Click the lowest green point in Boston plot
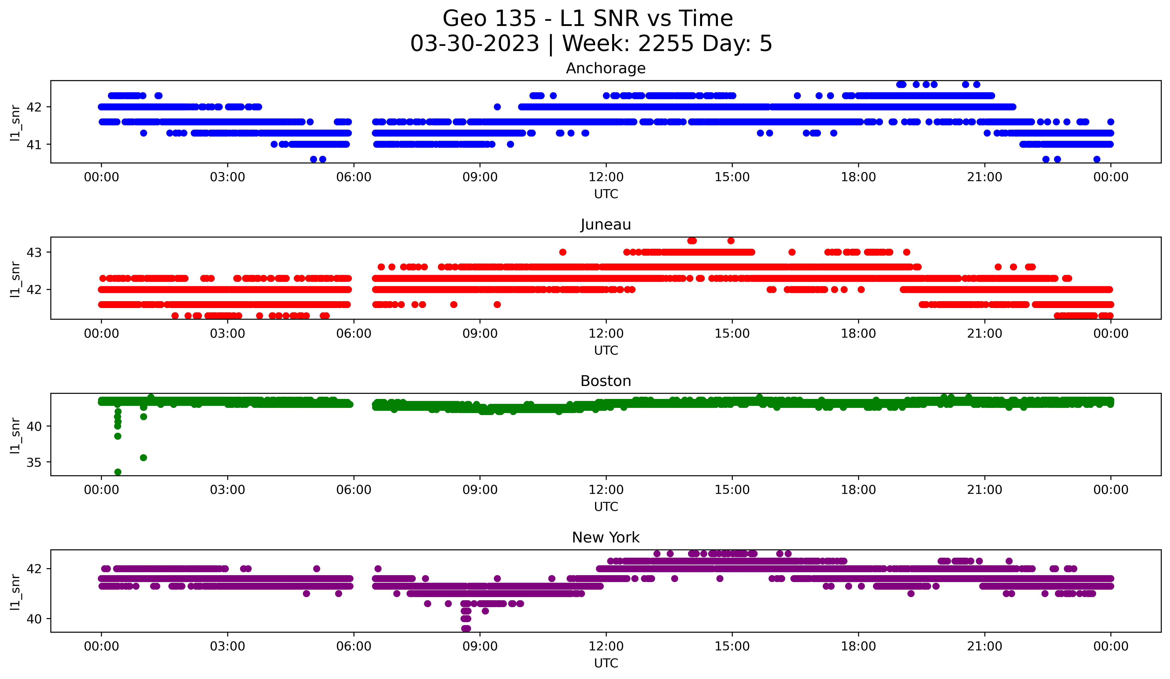(x=118, y=472)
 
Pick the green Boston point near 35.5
(x=144, y=458)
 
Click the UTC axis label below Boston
(x=606, y=507)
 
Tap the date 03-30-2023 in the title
(x=474, y=44)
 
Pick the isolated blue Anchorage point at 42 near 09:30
(x=497, y=107)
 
